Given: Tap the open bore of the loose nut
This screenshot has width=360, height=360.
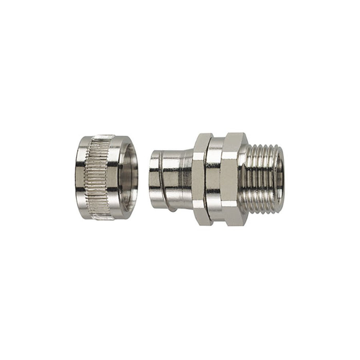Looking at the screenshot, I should tap(129, 178).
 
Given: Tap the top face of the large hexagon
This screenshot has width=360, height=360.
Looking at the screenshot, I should tap(234, 138).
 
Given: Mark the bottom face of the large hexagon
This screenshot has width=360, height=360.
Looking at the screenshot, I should tap(234, 220).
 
